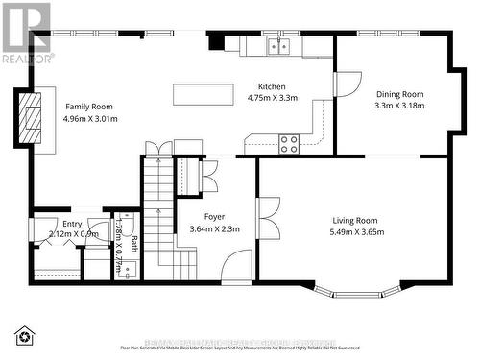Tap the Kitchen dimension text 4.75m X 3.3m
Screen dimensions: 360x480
(273, 98)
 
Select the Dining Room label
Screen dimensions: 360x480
(397, 94)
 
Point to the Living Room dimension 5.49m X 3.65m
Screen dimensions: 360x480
(357, 231)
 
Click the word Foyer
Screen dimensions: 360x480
(214, 217)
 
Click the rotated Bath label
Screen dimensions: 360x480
(134, 244)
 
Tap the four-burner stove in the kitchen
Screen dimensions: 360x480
(289, 144)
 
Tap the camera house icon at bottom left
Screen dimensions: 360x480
(24, 335)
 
